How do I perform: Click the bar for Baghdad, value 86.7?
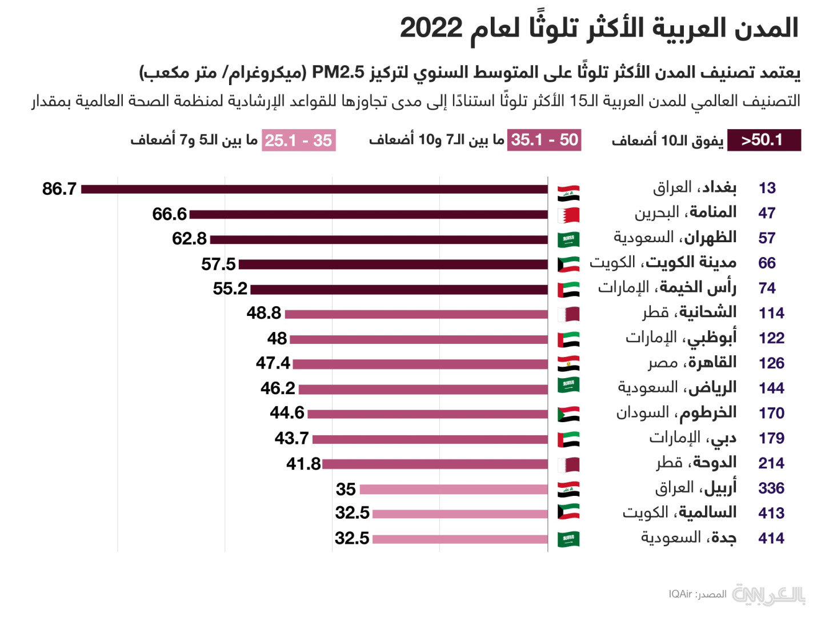[x=314, y=189]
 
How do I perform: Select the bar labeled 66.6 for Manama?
[x=369, y=214]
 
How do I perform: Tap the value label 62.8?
[x=189, y=239]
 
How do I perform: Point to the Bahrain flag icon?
[x=568, y=215]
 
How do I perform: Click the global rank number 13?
[x=767, y=188]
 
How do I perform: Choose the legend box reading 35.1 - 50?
[x=544, y=140]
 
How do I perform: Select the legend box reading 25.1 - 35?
[x=299, y=141]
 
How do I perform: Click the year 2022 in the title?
[x=431, y=27]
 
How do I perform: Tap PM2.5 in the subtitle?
[x=338, y=73]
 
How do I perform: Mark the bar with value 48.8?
[x=416, y=314]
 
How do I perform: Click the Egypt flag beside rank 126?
[x=568, y=363]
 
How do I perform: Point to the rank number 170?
[x=771, y=413]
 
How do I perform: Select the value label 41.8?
[x=303, y=464]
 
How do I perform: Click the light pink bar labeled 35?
[x=454, y=489]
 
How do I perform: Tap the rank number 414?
[x=771, y=538]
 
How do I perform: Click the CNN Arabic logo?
[x=768, y=595]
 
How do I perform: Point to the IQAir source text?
[x=680, y=595]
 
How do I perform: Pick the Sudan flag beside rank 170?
[x=568, y=414]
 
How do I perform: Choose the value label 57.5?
[x=218, y=264]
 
